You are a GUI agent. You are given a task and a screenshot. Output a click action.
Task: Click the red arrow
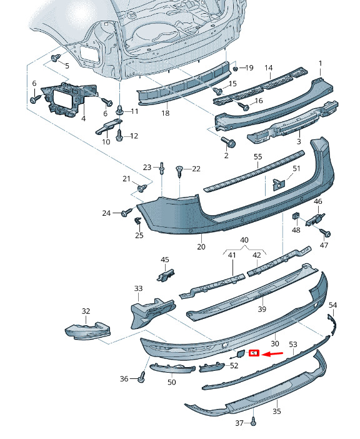point(273,354)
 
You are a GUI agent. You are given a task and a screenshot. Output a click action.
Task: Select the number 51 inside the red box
point(254,353)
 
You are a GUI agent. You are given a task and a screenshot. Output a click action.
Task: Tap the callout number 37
point(239,423)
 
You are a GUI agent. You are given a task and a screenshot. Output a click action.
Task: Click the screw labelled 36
point(142,376)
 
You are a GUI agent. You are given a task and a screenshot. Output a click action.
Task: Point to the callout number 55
point(257,157)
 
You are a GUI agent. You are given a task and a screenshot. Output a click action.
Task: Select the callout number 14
point(268,68)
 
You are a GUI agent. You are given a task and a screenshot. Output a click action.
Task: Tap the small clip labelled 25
point(138,221)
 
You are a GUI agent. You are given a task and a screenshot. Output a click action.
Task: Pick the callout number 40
point(244,240)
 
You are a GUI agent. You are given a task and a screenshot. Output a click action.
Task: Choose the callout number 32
point(86,311)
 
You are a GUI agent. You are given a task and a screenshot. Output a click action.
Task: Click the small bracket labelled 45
point(166,275)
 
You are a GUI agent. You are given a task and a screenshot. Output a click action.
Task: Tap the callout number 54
point(332,305)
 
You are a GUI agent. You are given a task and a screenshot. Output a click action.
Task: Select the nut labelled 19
point(235,68)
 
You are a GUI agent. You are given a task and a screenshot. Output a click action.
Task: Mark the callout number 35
point(277,411)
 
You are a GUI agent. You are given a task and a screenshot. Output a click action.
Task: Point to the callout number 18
point(166,113)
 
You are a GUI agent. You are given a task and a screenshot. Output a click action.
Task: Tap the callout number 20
point(201,246)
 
